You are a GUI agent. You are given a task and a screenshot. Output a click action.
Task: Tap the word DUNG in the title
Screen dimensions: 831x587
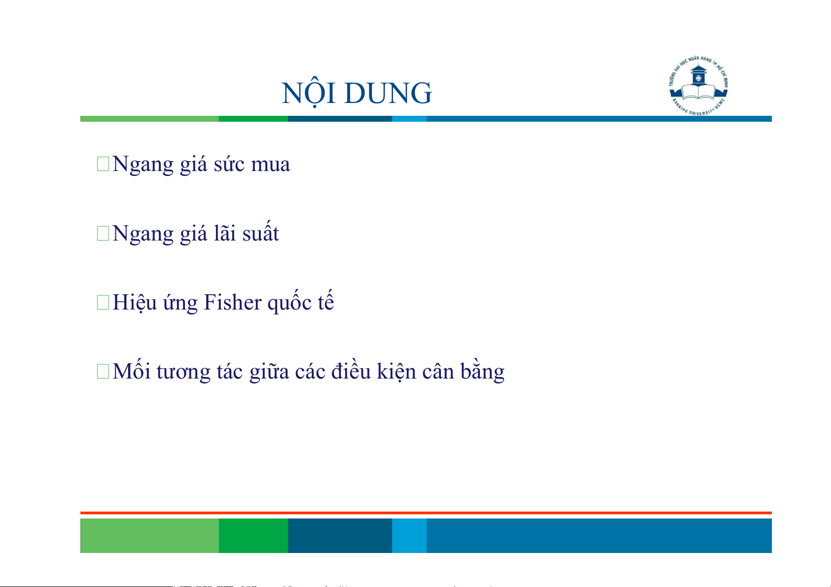tap(388, 93)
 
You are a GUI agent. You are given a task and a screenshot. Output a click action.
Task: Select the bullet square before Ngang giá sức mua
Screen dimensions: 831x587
tap(103, 164)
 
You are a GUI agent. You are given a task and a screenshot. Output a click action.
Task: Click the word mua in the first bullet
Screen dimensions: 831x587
tap(270, 165)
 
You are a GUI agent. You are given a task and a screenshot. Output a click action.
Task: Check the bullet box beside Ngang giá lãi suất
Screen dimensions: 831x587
tap(103, 233)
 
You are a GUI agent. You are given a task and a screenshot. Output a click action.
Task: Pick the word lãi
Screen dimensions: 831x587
tap(225, 233)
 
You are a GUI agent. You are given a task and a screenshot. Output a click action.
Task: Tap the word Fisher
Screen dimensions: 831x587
tap(233, 302)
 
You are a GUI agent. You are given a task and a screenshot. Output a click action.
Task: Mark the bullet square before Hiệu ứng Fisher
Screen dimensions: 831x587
tap(103, 302)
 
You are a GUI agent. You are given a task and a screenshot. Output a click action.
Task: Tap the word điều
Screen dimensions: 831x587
tap(351, 370)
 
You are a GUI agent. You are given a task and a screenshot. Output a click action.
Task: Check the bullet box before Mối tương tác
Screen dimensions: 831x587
tap(103, 371)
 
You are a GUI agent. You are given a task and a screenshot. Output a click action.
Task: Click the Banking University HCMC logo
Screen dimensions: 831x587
tap(698, 86)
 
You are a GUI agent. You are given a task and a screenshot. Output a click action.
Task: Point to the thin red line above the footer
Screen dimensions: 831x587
tap(426, 513)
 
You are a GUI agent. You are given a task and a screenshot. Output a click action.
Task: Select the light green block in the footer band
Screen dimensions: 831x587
tap(149, 535)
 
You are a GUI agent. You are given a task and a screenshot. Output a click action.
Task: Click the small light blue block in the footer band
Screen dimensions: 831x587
tap(409, 535)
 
